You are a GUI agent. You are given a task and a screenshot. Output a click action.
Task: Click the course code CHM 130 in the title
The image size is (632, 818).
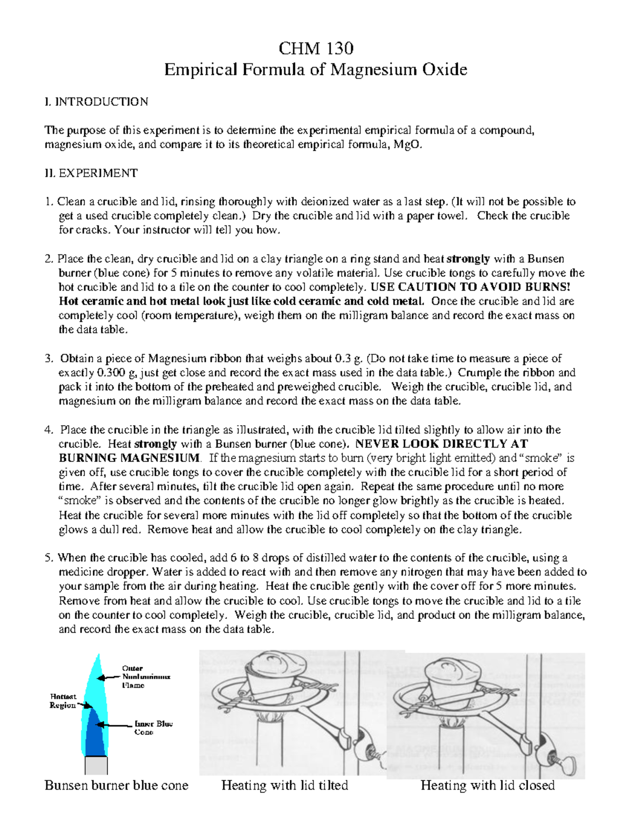(x=315, y=48)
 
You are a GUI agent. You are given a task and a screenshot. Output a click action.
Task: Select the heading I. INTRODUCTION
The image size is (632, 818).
(x=96, y=102)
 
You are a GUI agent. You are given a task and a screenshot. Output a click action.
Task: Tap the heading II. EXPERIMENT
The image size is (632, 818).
(x=91, y=173)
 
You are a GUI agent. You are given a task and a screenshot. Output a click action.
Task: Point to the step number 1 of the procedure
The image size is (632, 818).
(x=48, y=202)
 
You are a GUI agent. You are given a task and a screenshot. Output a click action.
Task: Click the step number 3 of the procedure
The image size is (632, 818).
(x=48, y=359)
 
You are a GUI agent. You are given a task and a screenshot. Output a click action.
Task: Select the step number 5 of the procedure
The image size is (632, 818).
(x=48, y=558)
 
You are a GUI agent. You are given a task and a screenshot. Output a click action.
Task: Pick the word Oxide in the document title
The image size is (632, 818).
(x=443, y=70)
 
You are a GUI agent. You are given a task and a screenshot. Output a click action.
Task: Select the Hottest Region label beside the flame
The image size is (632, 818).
(x=63, y=701)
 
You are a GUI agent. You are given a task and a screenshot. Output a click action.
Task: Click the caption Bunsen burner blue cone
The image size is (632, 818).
(x=116, y=785)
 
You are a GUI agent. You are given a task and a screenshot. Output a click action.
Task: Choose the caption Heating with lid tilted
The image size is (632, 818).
(x=284, y=785)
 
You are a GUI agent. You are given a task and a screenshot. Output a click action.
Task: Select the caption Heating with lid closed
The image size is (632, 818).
(x=487, y=785)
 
